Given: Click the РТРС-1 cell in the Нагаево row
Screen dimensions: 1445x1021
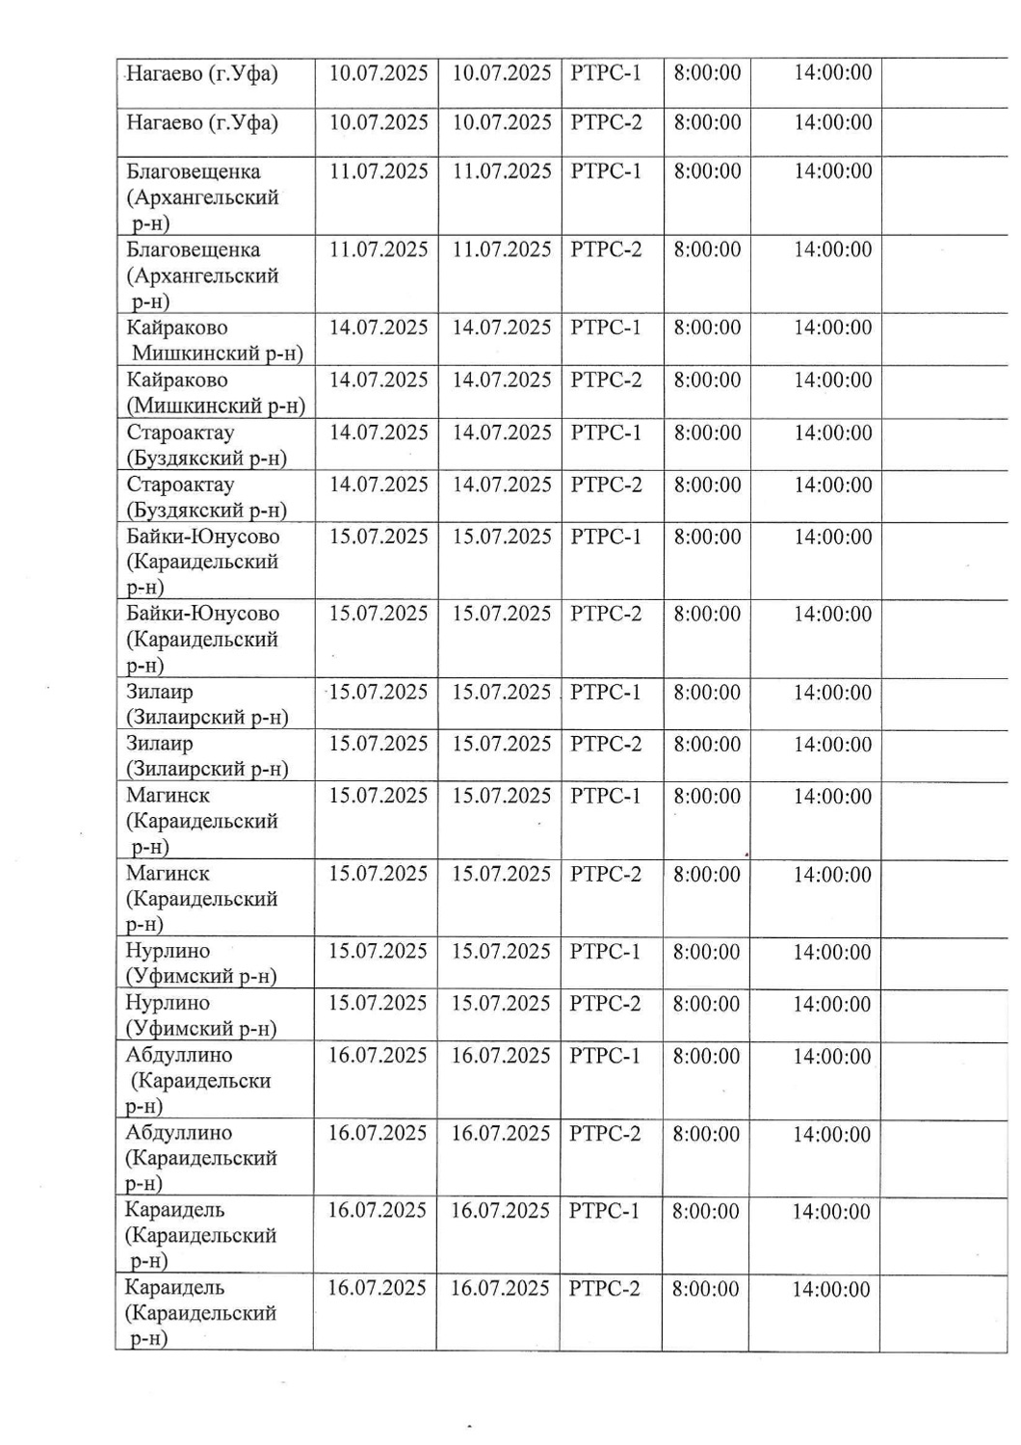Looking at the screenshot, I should point(605,73).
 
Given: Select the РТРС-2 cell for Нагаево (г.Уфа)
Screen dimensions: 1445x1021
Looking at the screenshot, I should point(605,123).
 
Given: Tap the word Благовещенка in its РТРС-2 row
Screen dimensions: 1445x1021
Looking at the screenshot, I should point(193,250).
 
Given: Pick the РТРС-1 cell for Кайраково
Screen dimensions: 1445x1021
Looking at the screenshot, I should point(605,328).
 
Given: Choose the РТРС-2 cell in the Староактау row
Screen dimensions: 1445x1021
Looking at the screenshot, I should point(605,486).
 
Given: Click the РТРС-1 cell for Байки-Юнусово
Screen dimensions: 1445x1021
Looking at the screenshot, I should point(605,538).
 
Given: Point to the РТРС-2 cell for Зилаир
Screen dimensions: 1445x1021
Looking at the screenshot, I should point(605,745).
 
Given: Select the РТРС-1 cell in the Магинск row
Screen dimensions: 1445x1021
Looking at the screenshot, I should point(605,797).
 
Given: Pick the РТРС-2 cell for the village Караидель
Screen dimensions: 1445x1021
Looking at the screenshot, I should point(604,1289).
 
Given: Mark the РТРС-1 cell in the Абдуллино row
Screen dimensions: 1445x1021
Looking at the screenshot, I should point(604,1057).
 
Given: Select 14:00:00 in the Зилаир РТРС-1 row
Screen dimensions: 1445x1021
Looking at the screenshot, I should point(832,694).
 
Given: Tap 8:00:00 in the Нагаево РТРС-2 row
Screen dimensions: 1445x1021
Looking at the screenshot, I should point(707,123).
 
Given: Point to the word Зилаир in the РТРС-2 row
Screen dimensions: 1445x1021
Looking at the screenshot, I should point(159,744).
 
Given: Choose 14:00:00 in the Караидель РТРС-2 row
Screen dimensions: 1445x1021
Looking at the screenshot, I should point(830,1290).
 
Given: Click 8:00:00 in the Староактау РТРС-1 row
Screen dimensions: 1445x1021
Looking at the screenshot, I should point(707,433).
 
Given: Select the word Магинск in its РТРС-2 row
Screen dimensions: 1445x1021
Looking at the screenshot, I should point(168,874).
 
